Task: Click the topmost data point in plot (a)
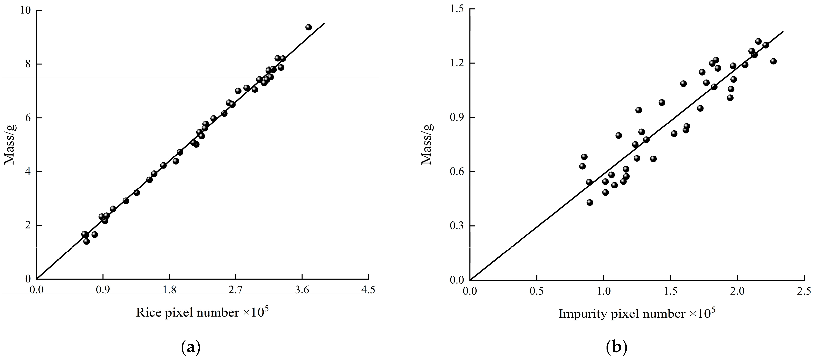tap(308, 27)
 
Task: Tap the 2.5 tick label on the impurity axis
tap(804, 290)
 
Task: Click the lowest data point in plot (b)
tap(590, 202)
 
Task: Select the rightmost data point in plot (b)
tap(773, 61)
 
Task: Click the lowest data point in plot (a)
tap(86, 241)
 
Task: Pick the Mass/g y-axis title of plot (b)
tap(427, 145)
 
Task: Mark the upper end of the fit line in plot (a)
tap(325, 23)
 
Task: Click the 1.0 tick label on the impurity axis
tap(603, 290)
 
